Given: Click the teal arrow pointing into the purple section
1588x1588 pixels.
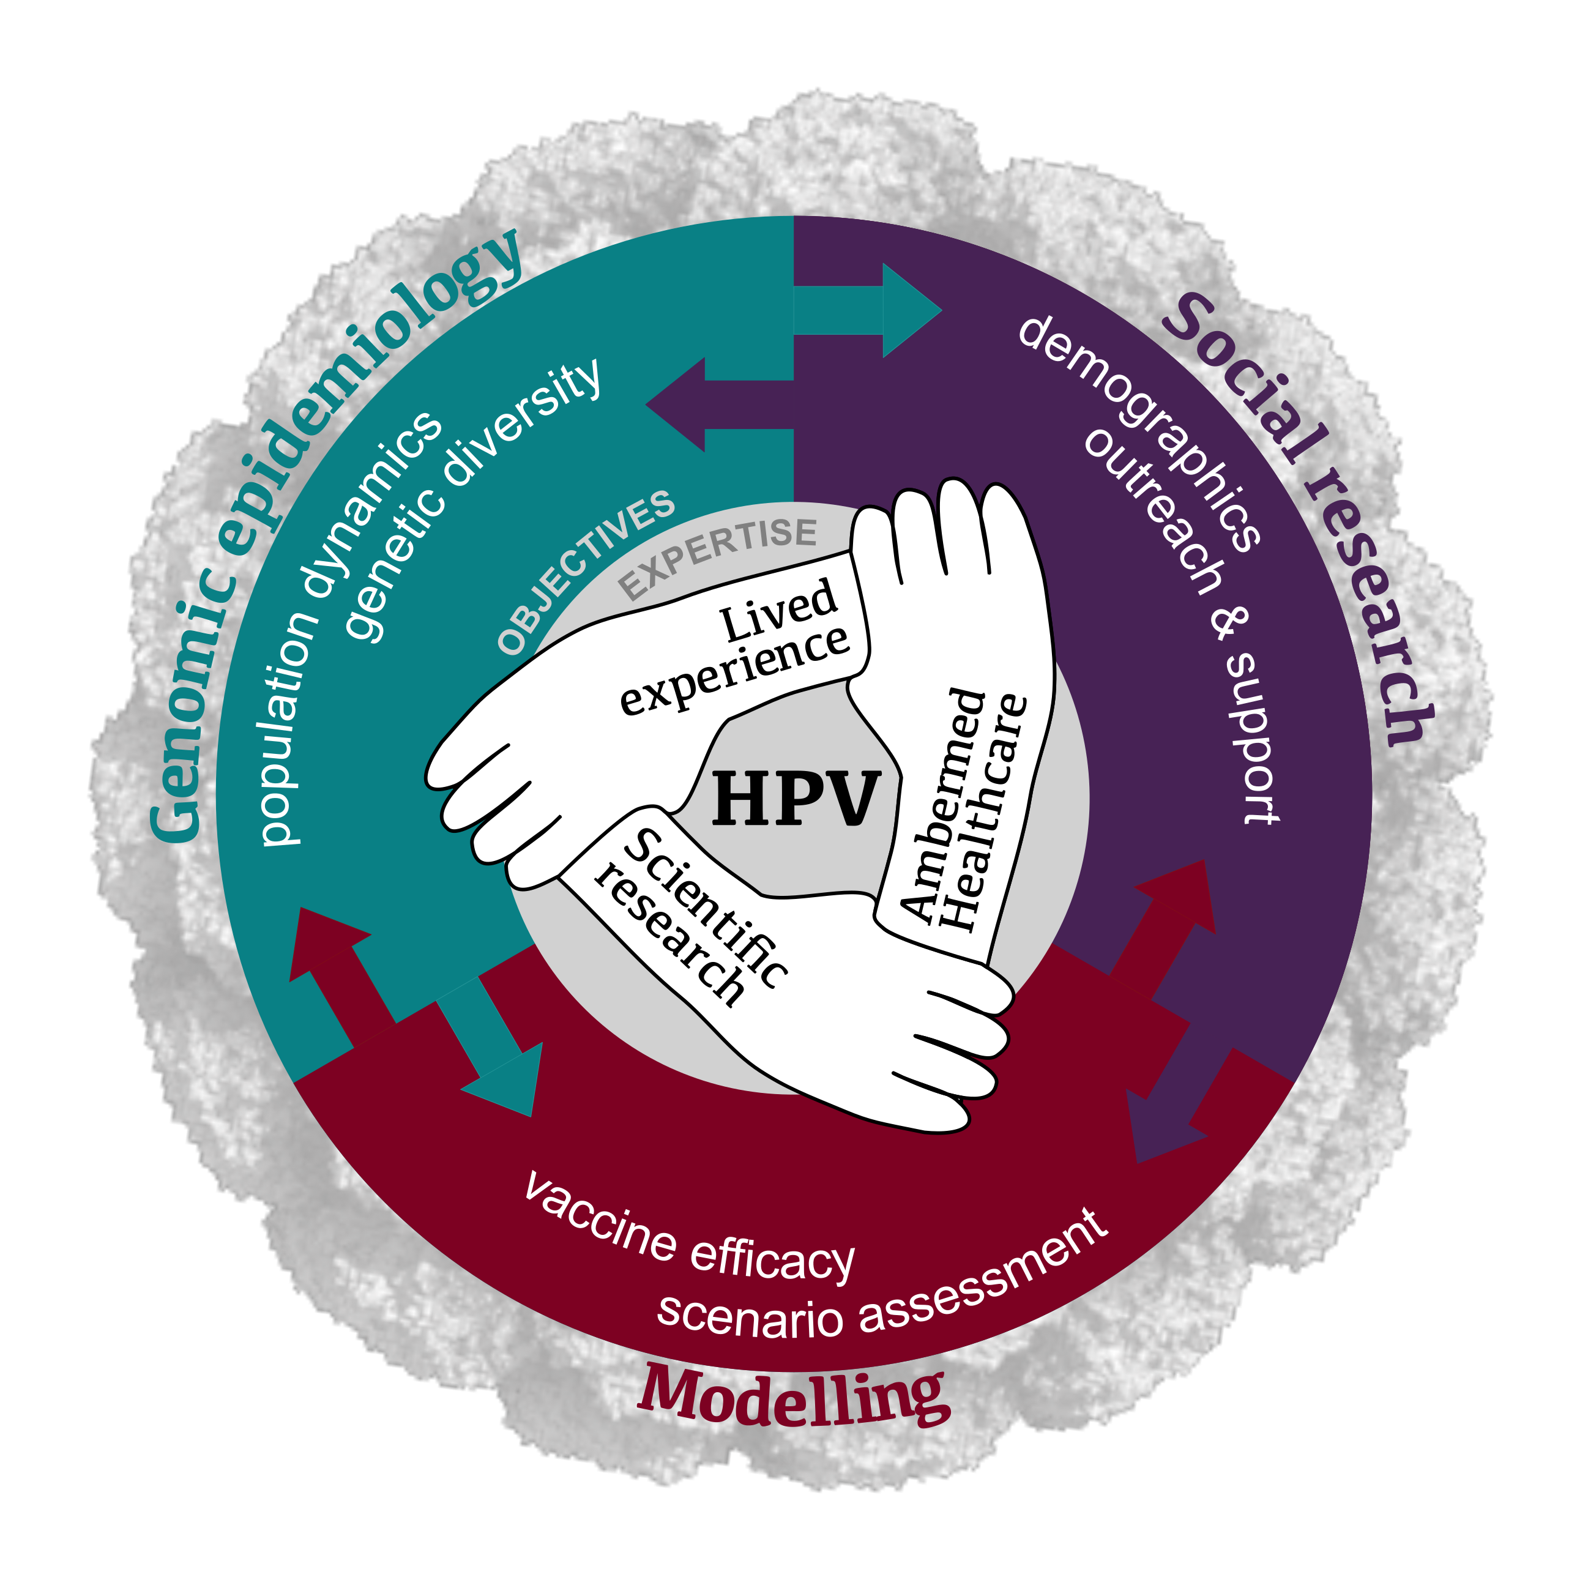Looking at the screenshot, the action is [867, 311].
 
